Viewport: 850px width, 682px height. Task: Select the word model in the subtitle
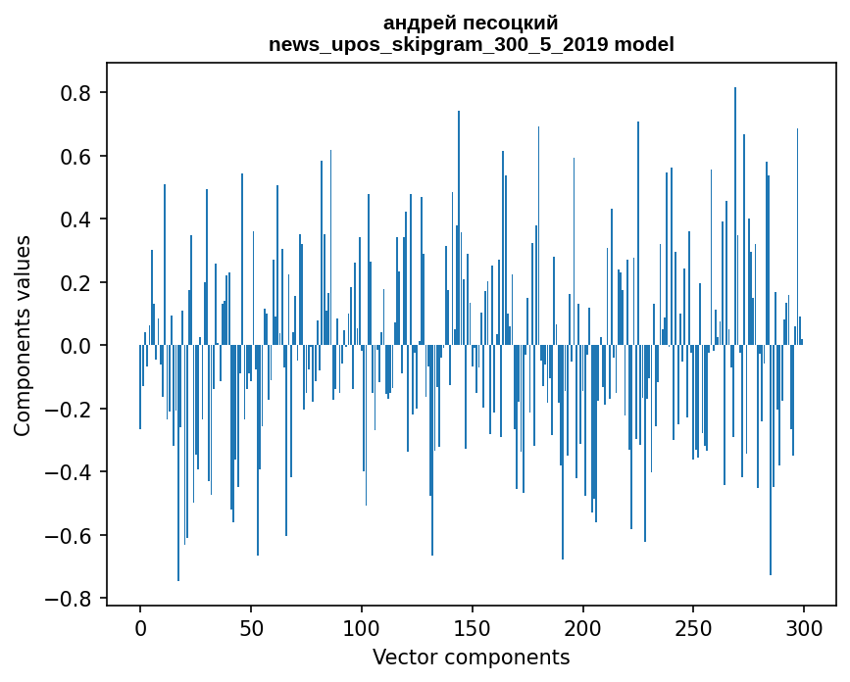click(x=644, y=44)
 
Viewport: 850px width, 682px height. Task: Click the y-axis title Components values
click(x=23, y=335)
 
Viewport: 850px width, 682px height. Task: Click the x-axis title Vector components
click(x=471, y=658)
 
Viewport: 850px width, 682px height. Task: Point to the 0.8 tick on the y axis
click(x=75, y=93)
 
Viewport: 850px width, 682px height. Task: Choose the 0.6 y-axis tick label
click(x=75, y=157)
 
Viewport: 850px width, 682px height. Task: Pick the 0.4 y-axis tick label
click(x=75, y=219)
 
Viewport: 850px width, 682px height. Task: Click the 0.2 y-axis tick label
click(x=75, y=283)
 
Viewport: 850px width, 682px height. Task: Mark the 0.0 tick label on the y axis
click(x=75, y=346)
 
